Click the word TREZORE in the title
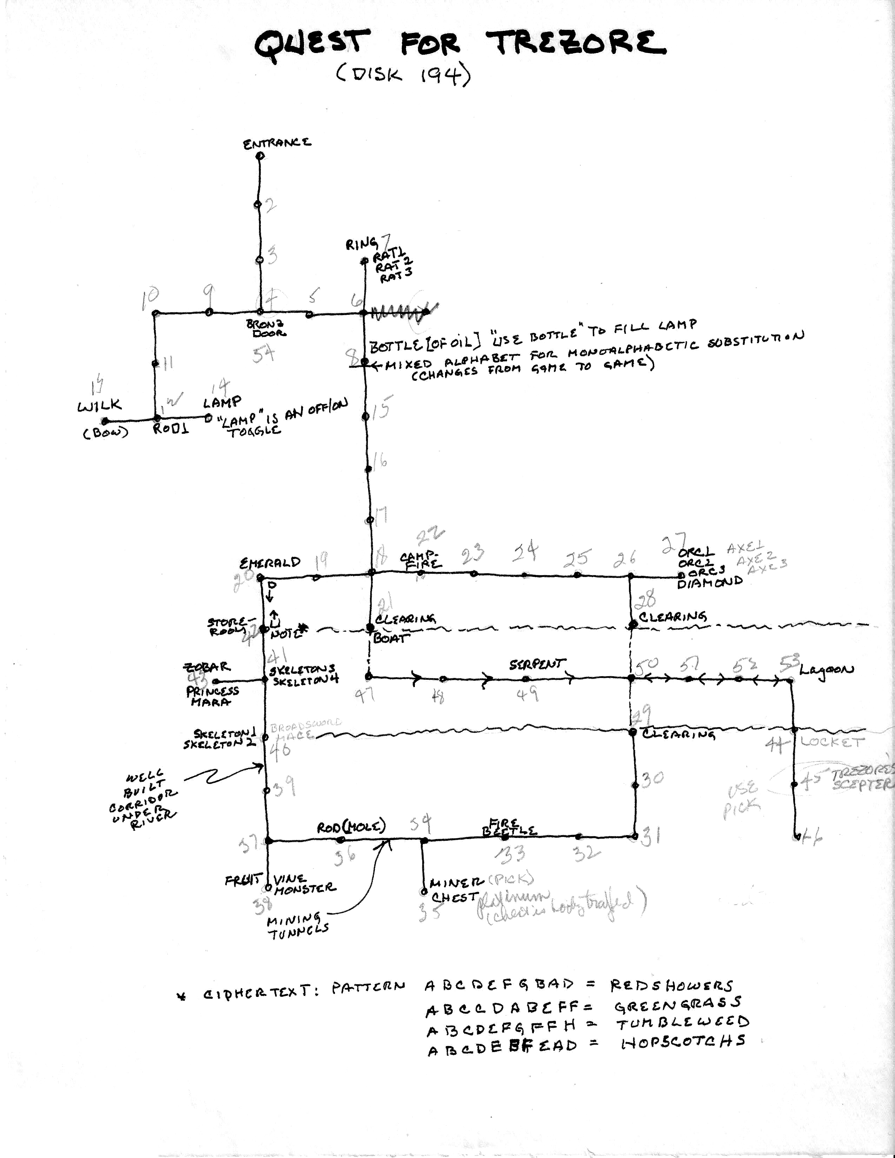575,44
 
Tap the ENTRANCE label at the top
277,143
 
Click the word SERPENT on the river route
537,664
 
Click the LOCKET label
832,742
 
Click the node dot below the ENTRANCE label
260,156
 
